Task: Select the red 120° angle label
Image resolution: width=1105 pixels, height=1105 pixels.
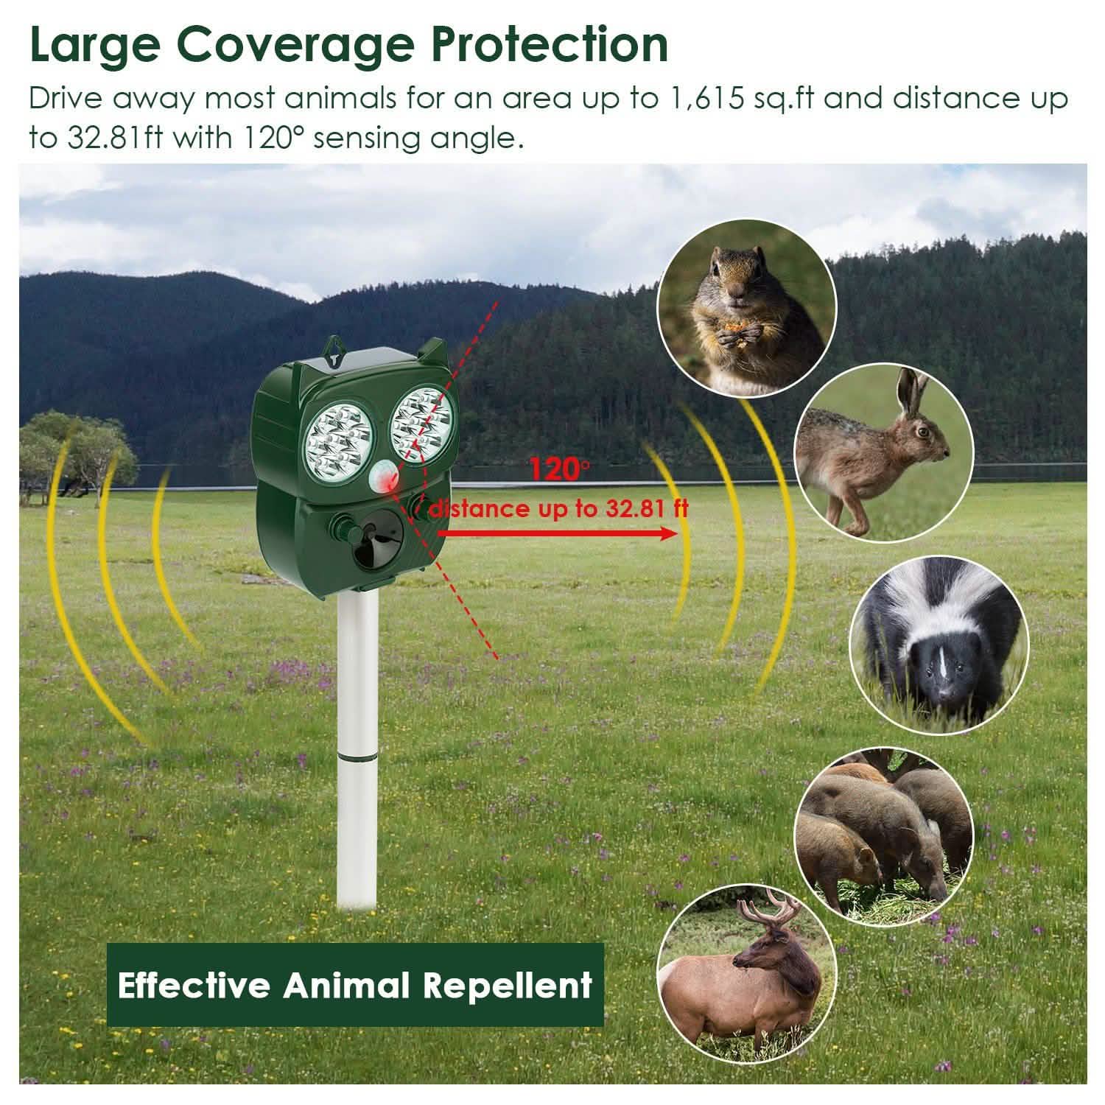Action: pyautogui.click(x=560, y=470)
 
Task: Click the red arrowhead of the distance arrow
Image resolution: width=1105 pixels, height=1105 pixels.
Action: pyautogui.click(x=667, y=533)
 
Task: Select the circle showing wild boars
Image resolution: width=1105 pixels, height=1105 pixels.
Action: pyautogui.click(x=883, y=835)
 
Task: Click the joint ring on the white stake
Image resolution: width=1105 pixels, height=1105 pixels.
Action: pyautogui.click(x=358, y=755)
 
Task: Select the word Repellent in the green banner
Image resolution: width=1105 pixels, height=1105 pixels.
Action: pyautogui.click(x=508, y=984)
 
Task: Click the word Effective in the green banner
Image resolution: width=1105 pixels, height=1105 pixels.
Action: pyautogui.click(x=194, y=984)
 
